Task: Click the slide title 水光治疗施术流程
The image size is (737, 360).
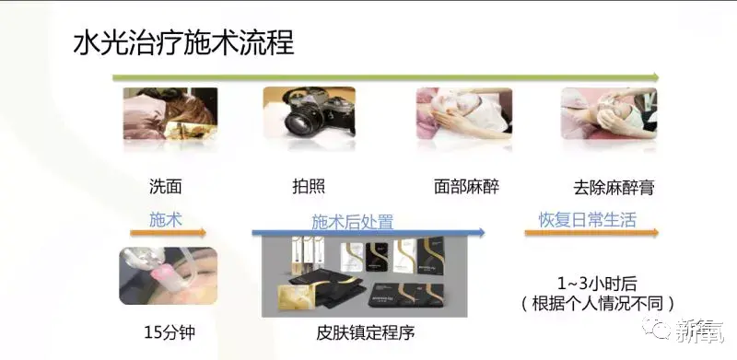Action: [183, 43]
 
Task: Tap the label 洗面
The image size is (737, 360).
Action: [166, 187]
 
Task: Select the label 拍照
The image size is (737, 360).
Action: [309, 187]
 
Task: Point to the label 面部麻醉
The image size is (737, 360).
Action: [466, 187]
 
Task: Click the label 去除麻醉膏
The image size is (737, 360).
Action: [614, 188]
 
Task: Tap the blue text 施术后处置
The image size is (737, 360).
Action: [353, 222]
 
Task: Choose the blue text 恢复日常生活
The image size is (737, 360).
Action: [587, 219]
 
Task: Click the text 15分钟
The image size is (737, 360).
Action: [170, 332]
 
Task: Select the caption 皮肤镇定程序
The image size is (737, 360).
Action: [365, 333]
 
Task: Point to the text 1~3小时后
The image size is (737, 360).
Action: [597, 284]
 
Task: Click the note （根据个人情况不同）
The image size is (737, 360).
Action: [597, 304]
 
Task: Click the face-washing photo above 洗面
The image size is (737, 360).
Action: [170, 113]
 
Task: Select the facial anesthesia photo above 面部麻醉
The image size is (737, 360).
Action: [464, 113]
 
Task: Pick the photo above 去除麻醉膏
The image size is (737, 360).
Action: [609, 113]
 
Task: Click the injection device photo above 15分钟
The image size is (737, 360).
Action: [169, 275]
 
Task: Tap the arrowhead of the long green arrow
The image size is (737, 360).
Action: [655, 77]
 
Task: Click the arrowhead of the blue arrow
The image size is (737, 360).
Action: [481, 232]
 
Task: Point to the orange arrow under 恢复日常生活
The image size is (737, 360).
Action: [591, 232]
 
